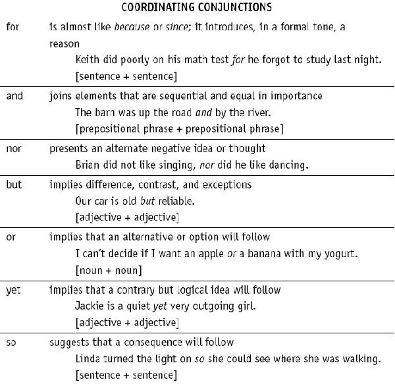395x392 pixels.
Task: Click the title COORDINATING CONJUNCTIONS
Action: [x=197, y=8]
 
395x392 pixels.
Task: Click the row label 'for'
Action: [x=12, y=27]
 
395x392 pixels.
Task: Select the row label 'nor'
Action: [x=13, y=148]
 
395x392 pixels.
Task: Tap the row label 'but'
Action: [x=13, y=184]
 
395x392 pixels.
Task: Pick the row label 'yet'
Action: [x=13, y=290]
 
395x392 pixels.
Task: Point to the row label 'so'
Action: [x=11, y=343]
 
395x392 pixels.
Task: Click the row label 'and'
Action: [x=14, y=96]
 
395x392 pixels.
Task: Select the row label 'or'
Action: [x=11, y=237]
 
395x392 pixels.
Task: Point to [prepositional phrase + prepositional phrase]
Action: [x=179, y=128]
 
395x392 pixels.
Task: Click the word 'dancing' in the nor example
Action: [x=288, y=165]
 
